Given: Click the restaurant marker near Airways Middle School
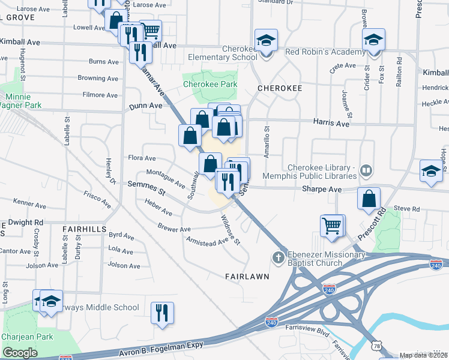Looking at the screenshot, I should [x=162, y=313].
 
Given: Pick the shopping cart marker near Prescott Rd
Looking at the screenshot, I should [x=333, y=226].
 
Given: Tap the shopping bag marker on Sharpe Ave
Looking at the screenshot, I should [x=369, y=199].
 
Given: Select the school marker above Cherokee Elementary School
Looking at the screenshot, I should [x=266, y=41].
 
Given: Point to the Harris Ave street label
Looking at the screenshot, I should [x=331, y=123].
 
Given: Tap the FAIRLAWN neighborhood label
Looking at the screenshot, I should [x=246, y=277].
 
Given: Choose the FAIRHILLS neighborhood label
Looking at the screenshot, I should [x=84, y=229].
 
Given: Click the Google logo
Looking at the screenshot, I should [x=20, y=353].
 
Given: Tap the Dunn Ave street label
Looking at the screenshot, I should [x=145, y=106].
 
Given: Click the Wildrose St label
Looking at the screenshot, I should [x=230, y=230].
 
